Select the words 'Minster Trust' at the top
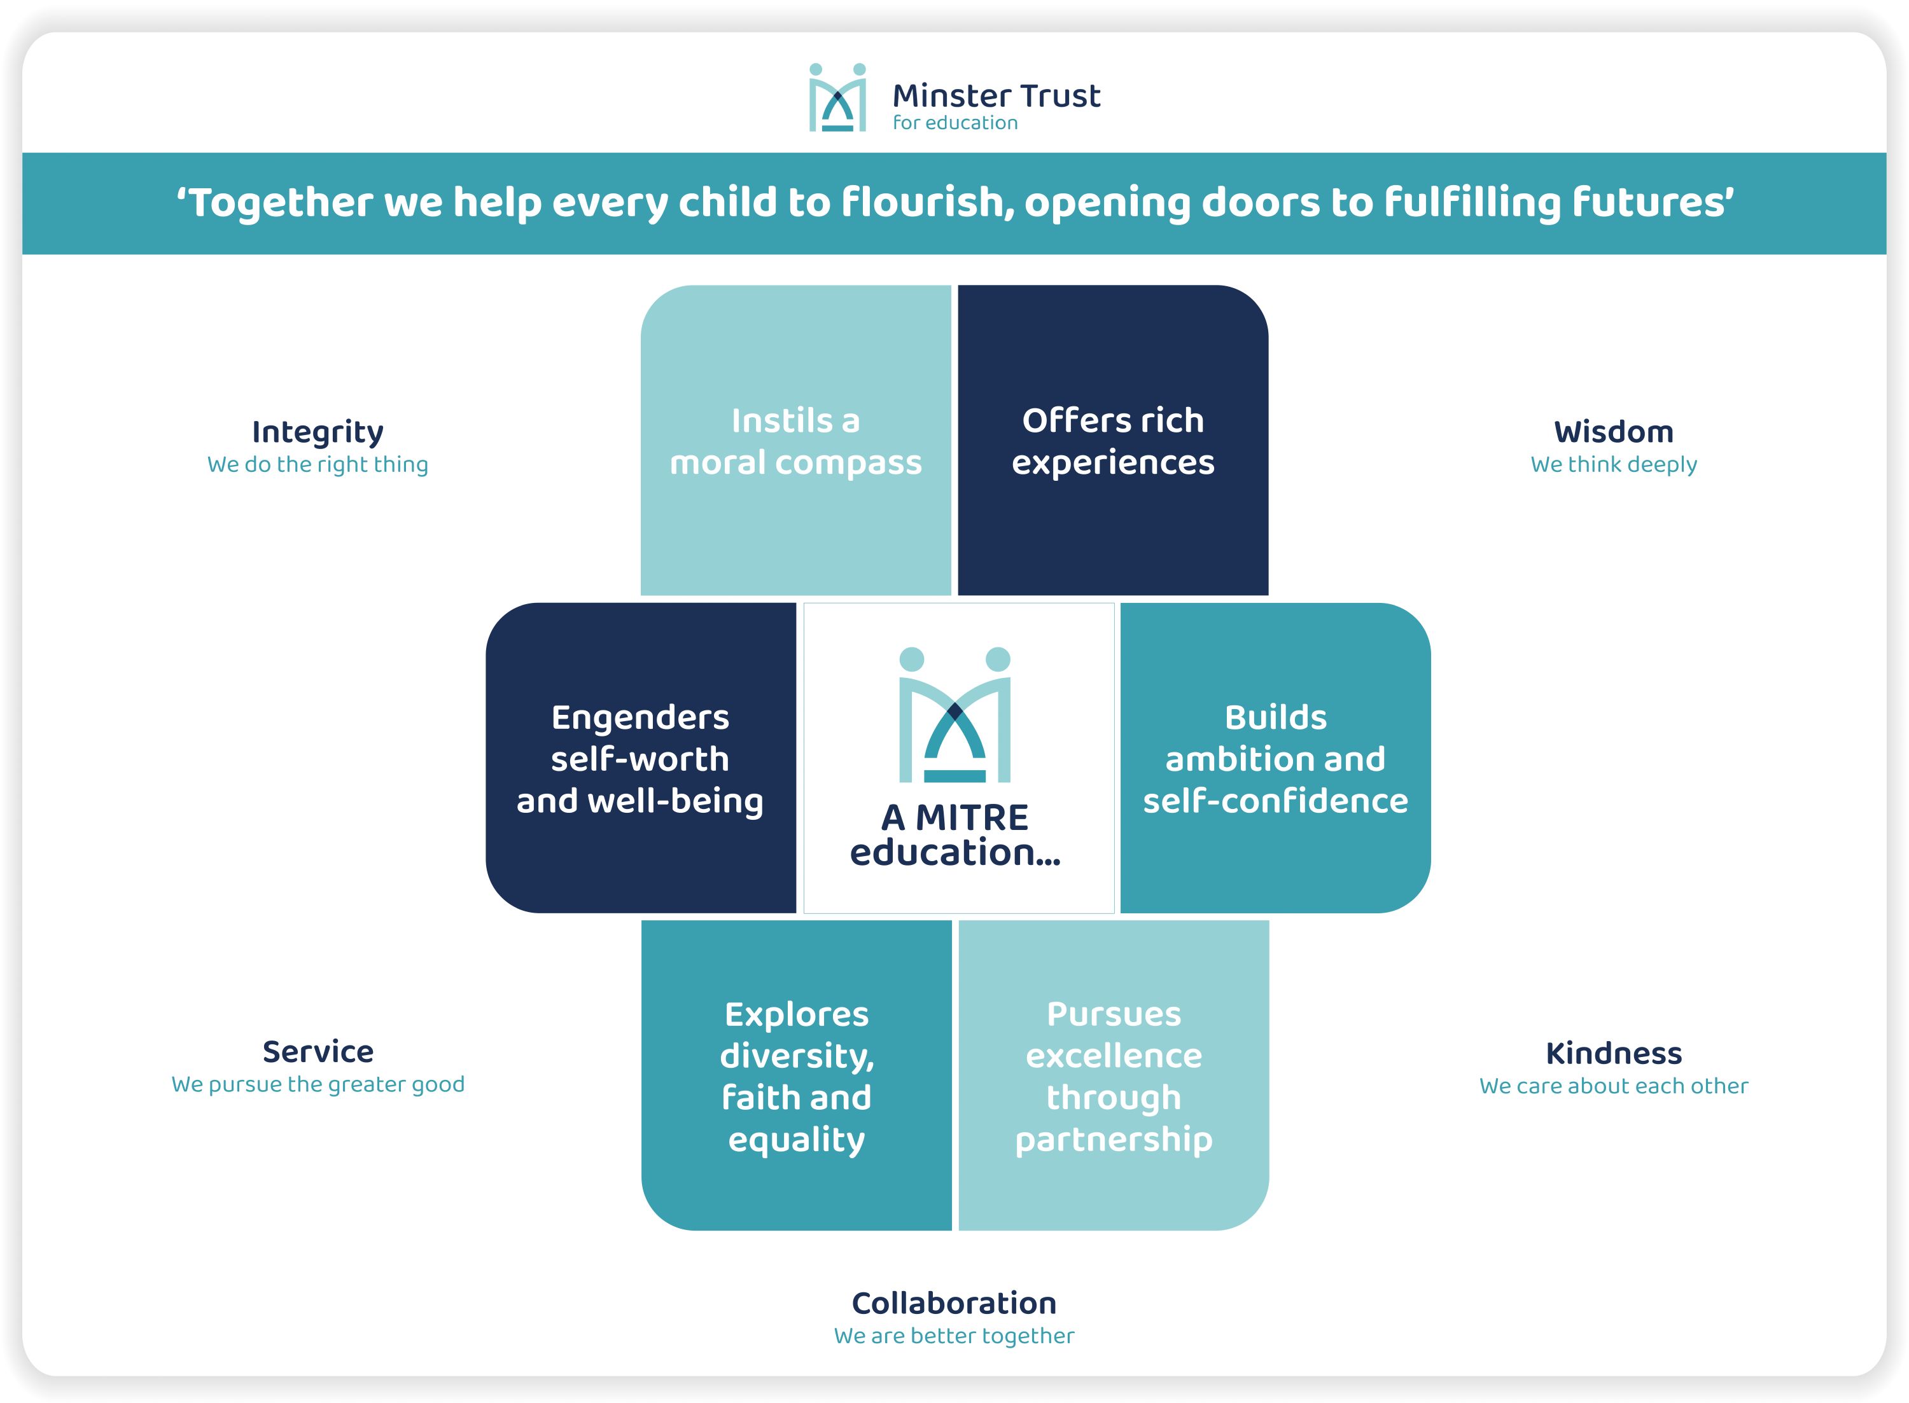pyautogui.click(x=996, y=95)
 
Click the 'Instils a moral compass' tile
pyautogui.click(x=795, y=440)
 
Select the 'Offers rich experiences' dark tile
pyautogui.click(x=1113, y=440)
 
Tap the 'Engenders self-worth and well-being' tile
pyautogui.click(x=641, y=757)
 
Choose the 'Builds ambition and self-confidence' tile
pyautogui.click(x=1275, y=757)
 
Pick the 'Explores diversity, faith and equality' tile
pyautogui.click(x=796, y=1075)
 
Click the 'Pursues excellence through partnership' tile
pyautogui.click(x=1114, y=1075)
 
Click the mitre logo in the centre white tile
pyautogui.click(x=955, y=714)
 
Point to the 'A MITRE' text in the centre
pyautogui.click(x=955, y=817)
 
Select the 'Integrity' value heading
pyautogui.click(x=318, y=433)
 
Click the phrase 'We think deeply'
pyautogui.click(x=1613, y=464)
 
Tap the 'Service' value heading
pyautogui.click(x=318, y=1051)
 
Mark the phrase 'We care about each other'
pyautogui.click(x=1613, y=1086)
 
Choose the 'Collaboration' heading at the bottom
pyautogui.click(x=954, y=1303)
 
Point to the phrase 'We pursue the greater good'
pyautogui.click(x=318, y=1084)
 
